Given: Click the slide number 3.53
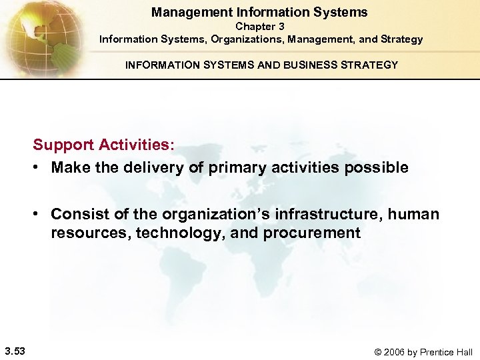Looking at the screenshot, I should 14,351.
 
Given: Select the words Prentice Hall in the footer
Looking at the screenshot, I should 451,352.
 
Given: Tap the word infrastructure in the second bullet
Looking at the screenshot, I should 316,214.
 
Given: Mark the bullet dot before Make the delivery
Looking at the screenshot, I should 39,168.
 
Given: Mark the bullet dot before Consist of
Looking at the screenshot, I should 39,215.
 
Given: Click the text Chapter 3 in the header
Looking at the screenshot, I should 259,26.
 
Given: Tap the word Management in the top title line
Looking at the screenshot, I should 185,12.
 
